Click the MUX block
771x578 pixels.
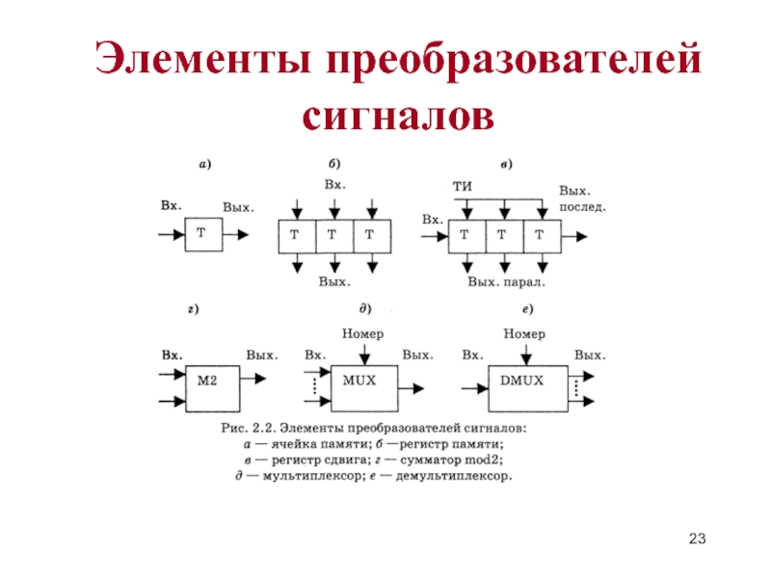(364, 388)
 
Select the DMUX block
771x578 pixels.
(528, 388)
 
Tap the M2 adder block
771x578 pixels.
(212, 388)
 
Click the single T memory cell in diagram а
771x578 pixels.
(203, 234)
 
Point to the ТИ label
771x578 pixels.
(463, 186)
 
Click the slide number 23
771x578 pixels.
(697, 539)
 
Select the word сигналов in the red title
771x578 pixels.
(398, 117)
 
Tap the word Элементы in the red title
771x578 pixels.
(202, 58)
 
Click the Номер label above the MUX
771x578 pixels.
(363, 333)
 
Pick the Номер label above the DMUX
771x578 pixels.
(524, 333)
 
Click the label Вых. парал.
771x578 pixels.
(507, 282)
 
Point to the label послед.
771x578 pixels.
(583, 207)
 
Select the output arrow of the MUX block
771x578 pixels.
(412, 388)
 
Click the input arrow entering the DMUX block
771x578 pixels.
(474, 389)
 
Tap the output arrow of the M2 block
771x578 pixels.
(253, 379)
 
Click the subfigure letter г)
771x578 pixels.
(194, 309)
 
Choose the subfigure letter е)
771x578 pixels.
(527, 309)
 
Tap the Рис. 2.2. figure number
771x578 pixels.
(247, 428)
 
